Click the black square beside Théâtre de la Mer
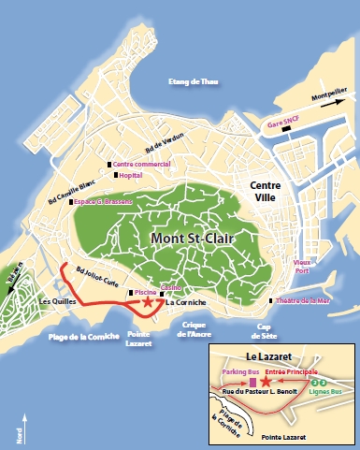click(271, 301)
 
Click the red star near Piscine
click(148, 302)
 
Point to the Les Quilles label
click(59, 301)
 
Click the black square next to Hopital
click(116, 175)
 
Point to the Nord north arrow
click(21, 431)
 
